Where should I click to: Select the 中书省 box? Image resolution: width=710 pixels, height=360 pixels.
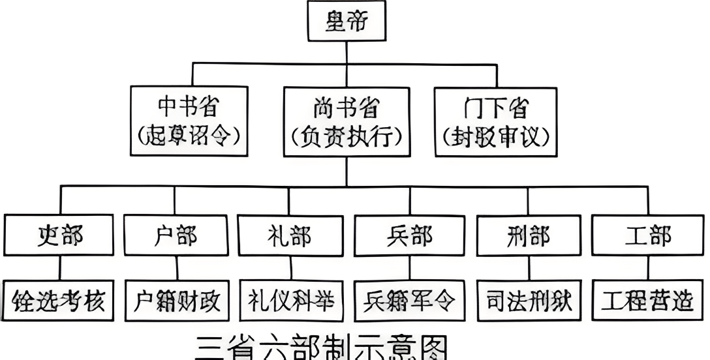click(189, 121)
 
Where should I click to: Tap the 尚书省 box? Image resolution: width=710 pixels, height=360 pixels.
click(347, 121)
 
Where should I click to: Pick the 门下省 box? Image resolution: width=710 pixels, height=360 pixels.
click(495, 121)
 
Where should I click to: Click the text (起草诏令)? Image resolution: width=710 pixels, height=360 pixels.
click(189, 136)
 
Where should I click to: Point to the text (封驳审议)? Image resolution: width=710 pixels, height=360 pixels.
click(495, 136)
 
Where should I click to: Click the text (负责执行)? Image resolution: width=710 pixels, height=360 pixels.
click(347, 136)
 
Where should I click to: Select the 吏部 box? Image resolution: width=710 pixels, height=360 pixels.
click(61, 235)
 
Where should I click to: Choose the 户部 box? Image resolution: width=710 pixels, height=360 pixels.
click(175, 235)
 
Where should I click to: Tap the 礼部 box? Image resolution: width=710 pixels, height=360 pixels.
click(289, 235)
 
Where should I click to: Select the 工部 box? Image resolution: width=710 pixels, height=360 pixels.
click(647, 235)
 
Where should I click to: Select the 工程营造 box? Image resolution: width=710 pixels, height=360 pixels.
click(648, 301)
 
